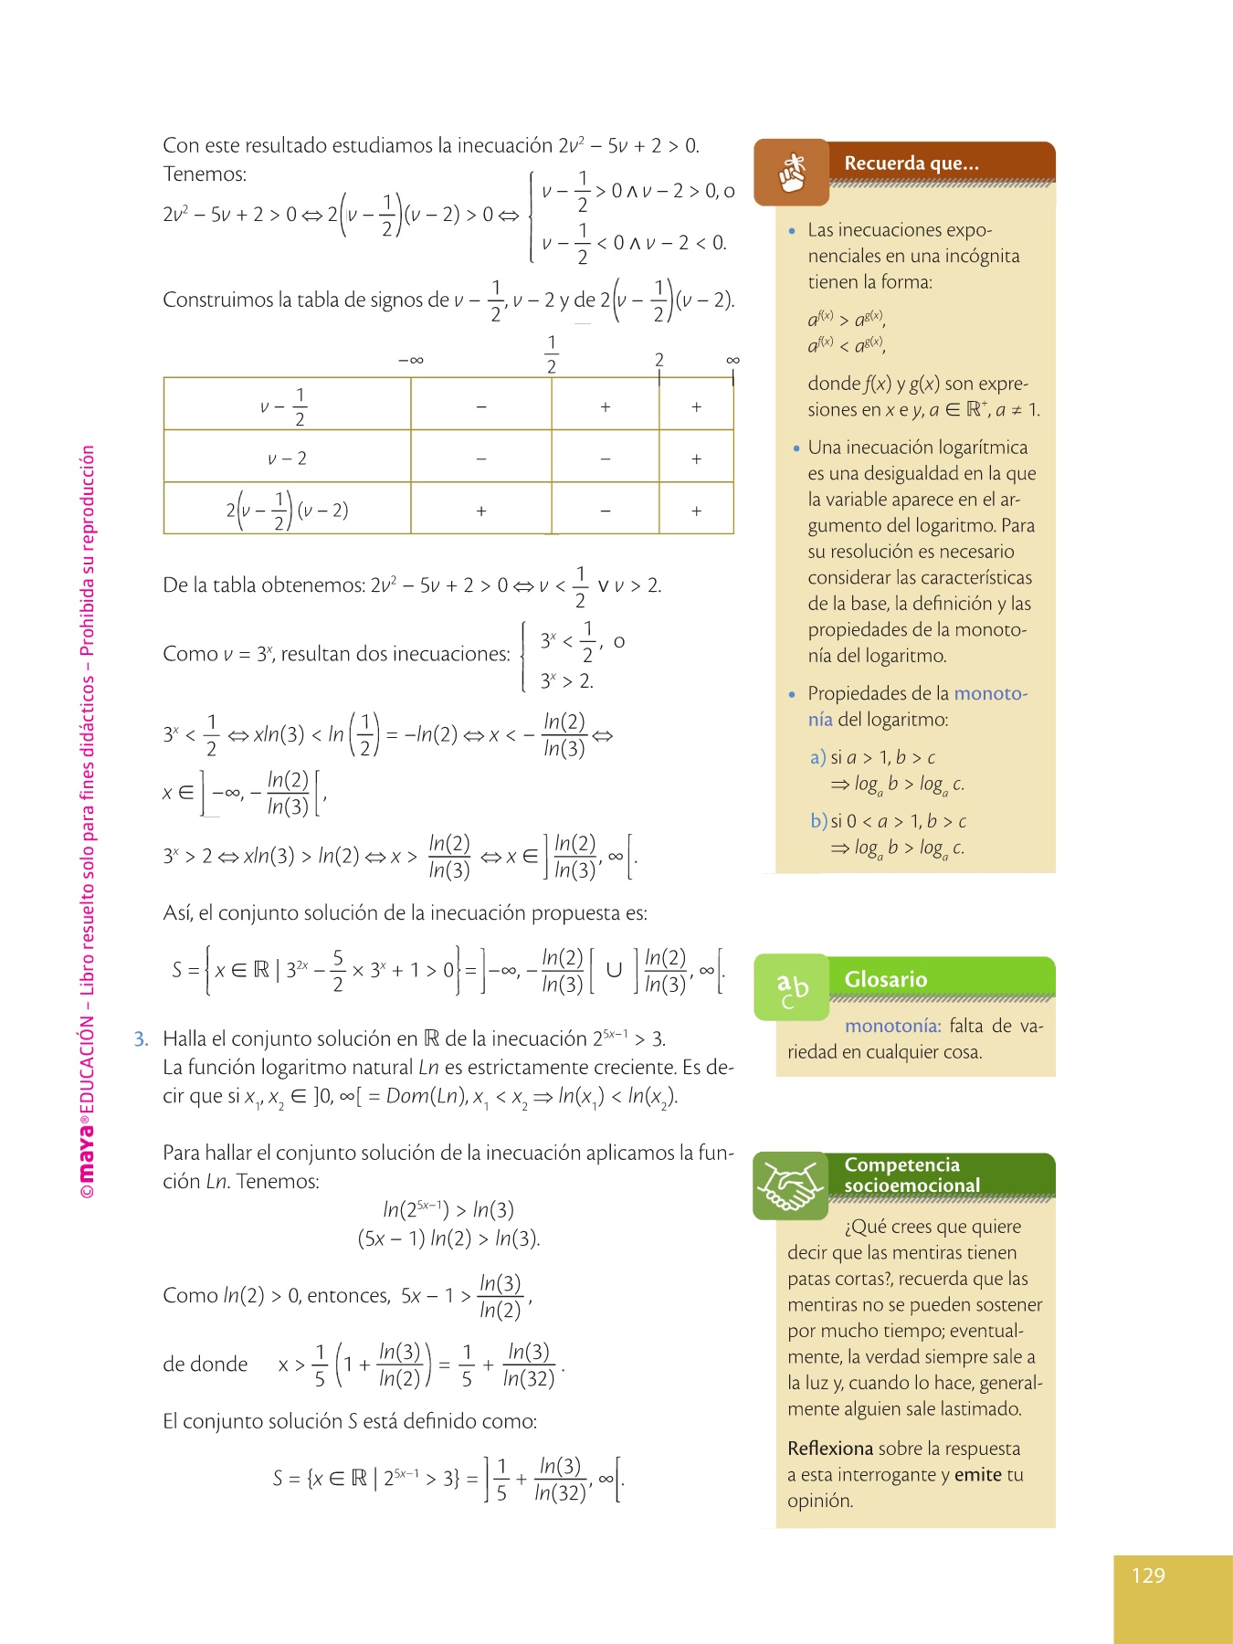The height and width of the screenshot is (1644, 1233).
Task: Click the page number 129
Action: click(x=1148, y=1575)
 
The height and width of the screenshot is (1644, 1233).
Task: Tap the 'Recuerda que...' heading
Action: click(x=911, y=163)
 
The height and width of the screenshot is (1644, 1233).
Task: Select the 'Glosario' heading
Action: click(x=885, y=979)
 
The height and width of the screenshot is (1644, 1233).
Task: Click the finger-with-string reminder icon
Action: click(x=792, y=173)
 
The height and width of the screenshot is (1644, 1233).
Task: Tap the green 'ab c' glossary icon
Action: click(x=792, y=988)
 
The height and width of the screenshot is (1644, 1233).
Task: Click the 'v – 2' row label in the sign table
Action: click(x=287, y=458)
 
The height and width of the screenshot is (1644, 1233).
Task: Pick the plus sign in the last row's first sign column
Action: click(x=481, y=511)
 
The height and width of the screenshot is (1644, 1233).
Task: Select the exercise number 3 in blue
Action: click(x=141, y=1038)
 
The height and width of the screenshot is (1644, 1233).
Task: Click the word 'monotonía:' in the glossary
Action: click(x=892, y=1026)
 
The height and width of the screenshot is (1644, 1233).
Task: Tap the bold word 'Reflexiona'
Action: click(x=830, y=1449)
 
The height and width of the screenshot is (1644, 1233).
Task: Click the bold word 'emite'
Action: click(x=977, y=1474)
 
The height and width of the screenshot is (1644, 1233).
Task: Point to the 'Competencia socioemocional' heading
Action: click(x=911, y=1175)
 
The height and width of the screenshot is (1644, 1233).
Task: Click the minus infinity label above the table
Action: click(x=411, y=360)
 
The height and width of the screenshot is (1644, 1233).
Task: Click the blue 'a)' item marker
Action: click(x=817, y=757)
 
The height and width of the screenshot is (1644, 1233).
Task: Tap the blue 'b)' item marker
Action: click(x=818, y=821)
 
